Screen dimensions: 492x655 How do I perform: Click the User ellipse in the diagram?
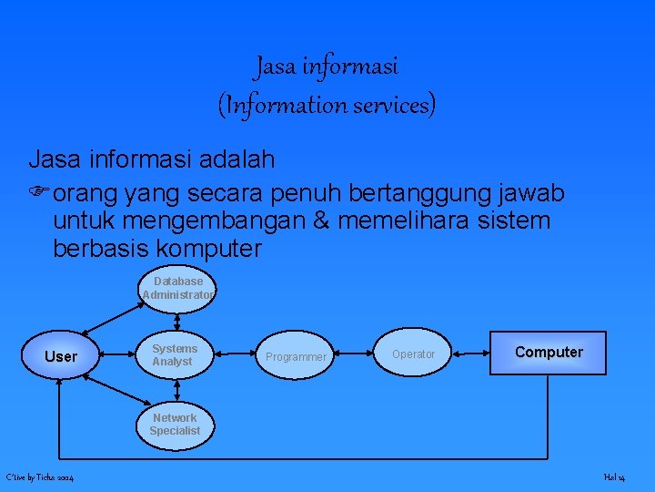(x=61, y=355)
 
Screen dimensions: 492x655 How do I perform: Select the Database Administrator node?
(x=178, y=288)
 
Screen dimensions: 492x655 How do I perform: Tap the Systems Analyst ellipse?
(x=174, y=355)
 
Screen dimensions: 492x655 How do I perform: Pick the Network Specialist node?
(x=175, y=424)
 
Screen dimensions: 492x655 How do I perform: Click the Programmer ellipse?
(x=295, y=356)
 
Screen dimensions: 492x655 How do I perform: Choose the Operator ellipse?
(x=414, y=354)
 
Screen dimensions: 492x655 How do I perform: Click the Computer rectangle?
(x=549, y=353)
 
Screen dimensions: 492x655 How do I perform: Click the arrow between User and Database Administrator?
(x=109, y=318)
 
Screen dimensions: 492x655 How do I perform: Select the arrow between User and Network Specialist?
(x=110, y=392)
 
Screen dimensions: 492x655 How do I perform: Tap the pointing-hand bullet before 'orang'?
(x=39, y=194)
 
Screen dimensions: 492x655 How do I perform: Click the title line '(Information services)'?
(x=327, y=105)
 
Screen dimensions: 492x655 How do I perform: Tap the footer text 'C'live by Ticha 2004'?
(x=40, y=477)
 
